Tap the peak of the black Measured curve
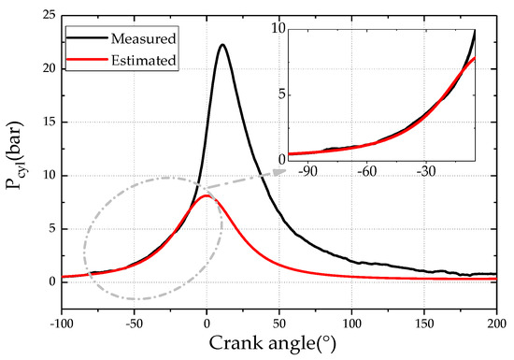point(221,45)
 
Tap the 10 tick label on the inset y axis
point(277,30)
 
